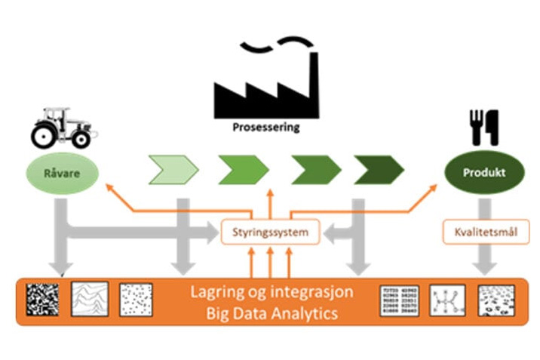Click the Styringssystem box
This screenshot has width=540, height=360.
click(269, 232)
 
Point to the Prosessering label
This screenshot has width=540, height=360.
click(265, 128)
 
